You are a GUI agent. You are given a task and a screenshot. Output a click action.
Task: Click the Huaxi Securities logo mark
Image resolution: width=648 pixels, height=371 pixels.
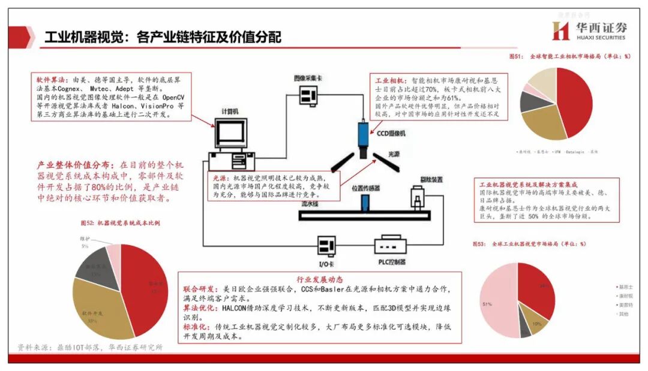pyautogui.click(x=560, y=31)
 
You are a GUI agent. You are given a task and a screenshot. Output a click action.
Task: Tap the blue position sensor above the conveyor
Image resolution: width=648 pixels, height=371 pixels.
pyautogui.click(x=364, y=203)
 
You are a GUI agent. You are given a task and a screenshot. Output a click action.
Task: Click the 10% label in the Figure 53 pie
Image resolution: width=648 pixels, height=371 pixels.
pyautogui.click(x=537, y=324)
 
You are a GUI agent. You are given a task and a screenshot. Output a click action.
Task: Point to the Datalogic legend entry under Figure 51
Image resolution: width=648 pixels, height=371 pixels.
pyautogui.click(x=577, y=151)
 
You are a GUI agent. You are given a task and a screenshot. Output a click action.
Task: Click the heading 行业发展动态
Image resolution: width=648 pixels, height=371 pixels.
pyautogui.click(x=319, y=279)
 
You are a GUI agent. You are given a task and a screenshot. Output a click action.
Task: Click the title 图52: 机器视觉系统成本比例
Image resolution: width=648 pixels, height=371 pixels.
pyautogui.click(x=120, y=224)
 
